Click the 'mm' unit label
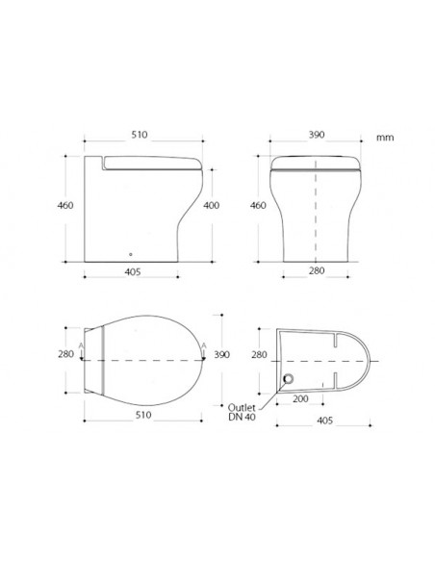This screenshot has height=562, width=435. coord(386,139)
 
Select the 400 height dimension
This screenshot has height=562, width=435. coord(212,205)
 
